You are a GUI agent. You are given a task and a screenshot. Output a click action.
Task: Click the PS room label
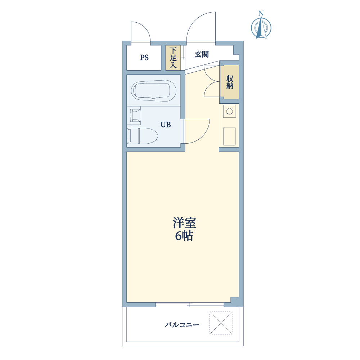click(144, 57)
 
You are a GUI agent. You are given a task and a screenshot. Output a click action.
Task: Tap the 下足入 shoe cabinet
click(173, 58)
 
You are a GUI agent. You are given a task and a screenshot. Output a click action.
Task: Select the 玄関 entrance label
click(202, 54)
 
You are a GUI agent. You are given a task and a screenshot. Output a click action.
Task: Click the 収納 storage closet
click(230, 82)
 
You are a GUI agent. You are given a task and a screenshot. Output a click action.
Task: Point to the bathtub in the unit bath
click(154, 90)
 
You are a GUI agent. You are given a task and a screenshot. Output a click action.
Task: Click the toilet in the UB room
click(142, 136)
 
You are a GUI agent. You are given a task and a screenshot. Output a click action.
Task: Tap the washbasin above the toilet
click(135, 115)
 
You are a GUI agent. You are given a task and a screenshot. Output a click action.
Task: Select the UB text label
click(166, 125)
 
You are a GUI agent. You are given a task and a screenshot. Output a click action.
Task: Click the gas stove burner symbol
click(230, 111)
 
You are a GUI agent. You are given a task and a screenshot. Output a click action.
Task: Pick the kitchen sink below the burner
click(229, 136)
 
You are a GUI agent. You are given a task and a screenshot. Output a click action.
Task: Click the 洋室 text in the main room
click(184, 223)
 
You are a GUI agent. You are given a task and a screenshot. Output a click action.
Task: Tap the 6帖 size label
click(184, 235)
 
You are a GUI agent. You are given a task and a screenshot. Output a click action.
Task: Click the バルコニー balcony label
click(182, 325)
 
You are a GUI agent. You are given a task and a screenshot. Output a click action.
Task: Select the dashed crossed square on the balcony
click(221, 323)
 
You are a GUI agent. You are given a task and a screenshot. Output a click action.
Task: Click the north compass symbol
click(261, 28)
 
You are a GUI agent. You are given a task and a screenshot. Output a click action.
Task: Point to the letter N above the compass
click(261, 13)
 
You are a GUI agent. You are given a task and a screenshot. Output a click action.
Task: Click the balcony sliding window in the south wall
click(190, 305)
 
